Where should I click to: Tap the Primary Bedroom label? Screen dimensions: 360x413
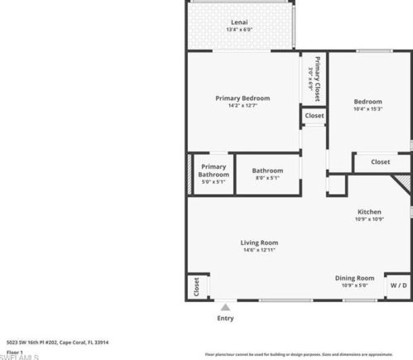click(243, 98)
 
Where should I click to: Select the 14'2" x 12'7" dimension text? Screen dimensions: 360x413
click(243, 106)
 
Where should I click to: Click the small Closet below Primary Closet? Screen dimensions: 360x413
click(314, 116)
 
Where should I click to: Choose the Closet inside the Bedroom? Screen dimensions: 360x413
click(380, 162)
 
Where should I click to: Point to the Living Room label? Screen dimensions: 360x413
click(259, 242)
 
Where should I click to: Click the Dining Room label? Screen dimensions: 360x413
click(354, 278)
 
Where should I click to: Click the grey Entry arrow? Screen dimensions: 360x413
click(224, 307)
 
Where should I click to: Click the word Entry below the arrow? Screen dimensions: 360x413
click(224, 318)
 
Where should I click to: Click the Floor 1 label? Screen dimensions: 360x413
click(15, 352)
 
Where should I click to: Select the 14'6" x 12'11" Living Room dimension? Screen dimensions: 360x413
click(259, 250)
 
